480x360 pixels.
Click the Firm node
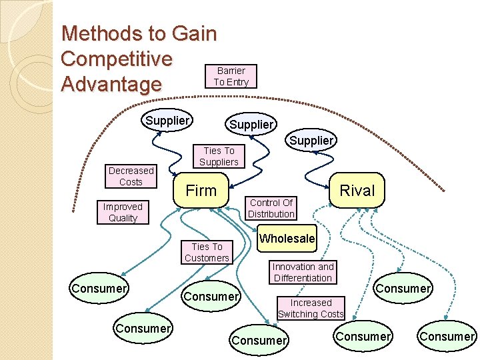click(x=201, y=191)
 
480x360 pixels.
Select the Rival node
click(x=357, y=191)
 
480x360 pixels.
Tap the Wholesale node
click(x=287, y=239)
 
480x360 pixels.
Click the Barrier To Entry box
click(x=231, y=77)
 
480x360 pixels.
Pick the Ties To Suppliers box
click(x=219, y=157)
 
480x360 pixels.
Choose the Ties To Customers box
click(x=207, y=252)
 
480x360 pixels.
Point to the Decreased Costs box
click(x=131, y=176)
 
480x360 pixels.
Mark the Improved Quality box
click(x=123, y=212)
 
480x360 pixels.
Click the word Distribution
click(x=271, y=214)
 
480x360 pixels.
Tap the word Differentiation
click(x=303, y=278)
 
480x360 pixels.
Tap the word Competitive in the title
click(x=117, y=59)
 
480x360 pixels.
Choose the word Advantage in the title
click(x=111, y=85)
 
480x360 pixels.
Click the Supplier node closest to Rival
click(x=311, y=141)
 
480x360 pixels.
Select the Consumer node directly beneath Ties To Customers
click(x=211, y=296)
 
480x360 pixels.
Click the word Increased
click(x=311, y=303)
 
